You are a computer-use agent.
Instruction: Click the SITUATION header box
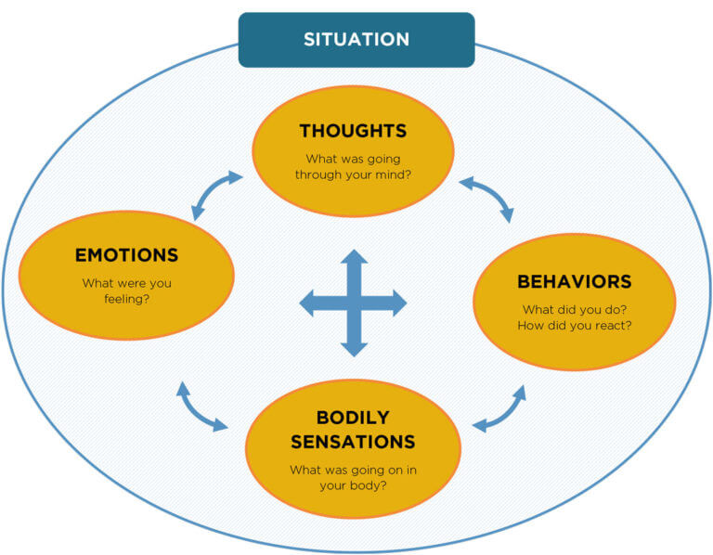(x=356, y=40)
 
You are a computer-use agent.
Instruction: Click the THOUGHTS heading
(x=353, y=131)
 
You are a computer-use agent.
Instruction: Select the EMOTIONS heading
(x=126, y=254)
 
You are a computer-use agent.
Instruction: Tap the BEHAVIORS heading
(x=574, y=281)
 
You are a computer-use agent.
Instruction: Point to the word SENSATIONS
(x=352, y=441)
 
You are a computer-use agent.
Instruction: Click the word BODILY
(x=352, y=418)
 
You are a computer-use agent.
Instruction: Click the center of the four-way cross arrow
(x=353, y=303)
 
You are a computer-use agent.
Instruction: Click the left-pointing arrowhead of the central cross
(x=308, y=303)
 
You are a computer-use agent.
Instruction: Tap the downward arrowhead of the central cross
(x=353, y=347)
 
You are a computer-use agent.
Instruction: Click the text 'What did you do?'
(x=574, y=309)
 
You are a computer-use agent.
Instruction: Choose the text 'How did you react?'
(x=574, y=325)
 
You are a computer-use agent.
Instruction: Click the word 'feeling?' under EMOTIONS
(x=126, y=299)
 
